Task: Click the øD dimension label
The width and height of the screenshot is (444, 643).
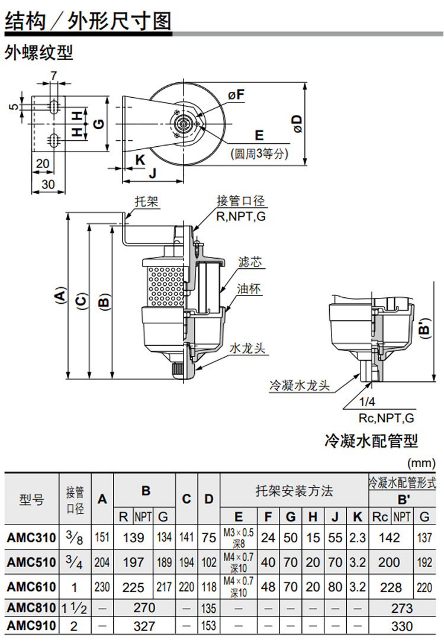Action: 297,124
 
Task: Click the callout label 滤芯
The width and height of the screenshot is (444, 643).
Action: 250,262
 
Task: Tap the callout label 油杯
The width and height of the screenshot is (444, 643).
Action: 250,289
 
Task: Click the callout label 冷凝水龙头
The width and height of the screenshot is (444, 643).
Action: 299,385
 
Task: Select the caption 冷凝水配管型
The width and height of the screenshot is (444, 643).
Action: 371,441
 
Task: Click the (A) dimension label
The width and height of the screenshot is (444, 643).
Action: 59,295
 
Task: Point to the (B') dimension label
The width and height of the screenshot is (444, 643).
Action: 424,329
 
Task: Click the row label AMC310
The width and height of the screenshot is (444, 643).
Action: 31,538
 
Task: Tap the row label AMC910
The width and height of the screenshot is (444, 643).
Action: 31,625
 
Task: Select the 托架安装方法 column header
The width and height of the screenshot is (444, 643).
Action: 294,491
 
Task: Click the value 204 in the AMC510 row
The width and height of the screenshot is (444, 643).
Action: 102,562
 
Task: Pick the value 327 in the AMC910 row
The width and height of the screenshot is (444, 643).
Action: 145,625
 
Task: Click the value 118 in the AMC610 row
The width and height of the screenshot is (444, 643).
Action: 208,587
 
